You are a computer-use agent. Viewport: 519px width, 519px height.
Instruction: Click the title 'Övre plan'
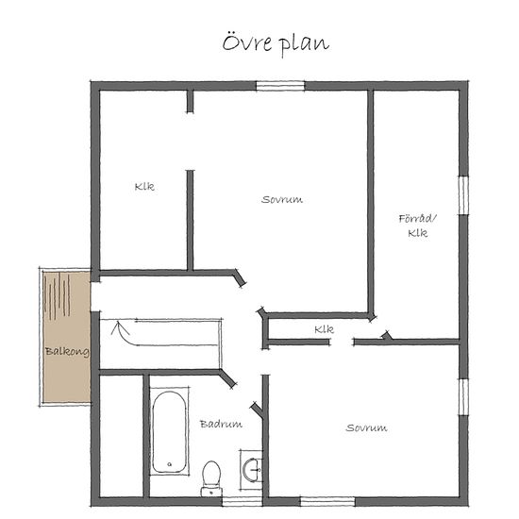(x=276, y=43)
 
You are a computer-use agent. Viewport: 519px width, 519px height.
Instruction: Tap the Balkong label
(x=67, y=352)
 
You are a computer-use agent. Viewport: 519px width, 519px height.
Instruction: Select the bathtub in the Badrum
(x=169, y=432)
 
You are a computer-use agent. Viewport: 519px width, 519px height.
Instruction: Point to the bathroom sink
(x=252, y=469)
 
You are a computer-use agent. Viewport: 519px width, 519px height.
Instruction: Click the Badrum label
(x=221, y=424)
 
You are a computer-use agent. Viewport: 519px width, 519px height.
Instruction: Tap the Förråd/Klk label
(x=417, y=226)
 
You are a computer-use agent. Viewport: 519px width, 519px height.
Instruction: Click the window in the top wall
(x=280, y=86)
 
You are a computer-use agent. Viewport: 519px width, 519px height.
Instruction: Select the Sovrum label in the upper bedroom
(x=282, y=200)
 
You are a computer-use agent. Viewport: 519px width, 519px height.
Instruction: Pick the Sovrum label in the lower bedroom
(x=366, y=427)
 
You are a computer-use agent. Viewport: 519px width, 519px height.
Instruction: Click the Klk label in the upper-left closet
(x=144, y=187)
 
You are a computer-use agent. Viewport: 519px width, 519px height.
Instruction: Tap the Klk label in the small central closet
(x=324, y=329)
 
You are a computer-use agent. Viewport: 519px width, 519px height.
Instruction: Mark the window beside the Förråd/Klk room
(x=463, y=195)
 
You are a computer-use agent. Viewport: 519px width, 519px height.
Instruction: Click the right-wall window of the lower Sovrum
(x=463, y=396)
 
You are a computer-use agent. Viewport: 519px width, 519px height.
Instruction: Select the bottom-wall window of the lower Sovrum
(x=327, y=501)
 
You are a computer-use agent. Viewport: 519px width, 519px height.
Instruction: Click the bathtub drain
(x=170, y=464)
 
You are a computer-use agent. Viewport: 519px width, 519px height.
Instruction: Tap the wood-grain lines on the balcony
(x=58, y=295)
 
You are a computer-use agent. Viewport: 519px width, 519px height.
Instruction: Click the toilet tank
(x=211, y=492)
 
